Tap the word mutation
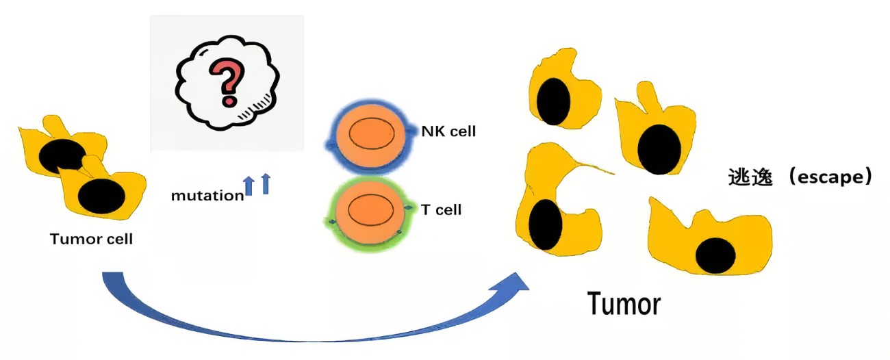tap(207, 196)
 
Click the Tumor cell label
tap(91, 240)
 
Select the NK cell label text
tap(448, 131)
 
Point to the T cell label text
tap(441, 209)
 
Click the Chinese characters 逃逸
tap(750, 177)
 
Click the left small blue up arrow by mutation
tap(250, 185)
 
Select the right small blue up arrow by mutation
tap(266, 184)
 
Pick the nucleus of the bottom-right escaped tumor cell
tap(715, 256)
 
